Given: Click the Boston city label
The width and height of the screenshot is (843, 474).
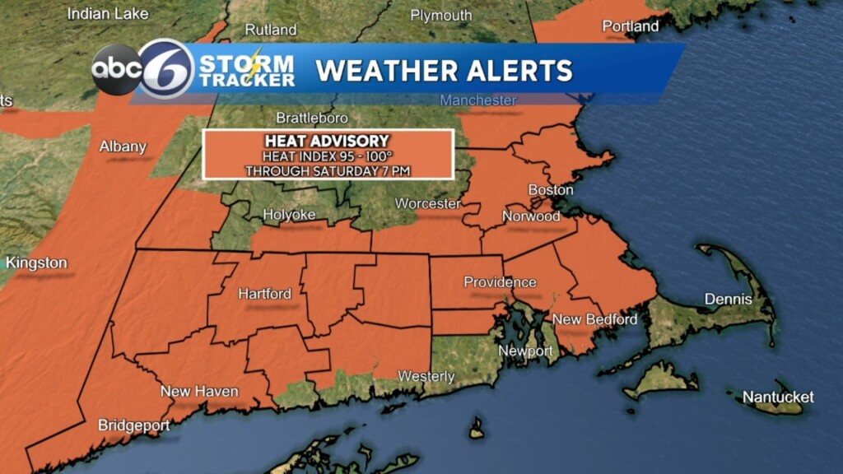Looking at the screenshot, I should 550,190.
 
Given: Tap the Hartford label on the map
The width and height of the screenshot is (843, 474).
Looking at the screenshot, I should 264,294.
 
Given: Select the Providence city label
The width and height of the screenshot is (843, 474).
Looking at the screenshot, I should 500,282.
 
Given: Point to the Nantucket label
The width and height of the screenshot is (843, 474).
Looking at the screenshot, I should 778,397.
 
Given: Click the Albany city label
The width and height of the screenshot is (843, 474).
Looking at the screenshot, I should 123,146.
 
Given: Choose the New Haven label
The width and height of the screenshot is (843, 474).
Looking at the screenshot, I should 199,391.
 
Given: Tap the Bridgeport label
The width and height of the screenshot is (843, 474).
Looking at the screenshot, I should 133,425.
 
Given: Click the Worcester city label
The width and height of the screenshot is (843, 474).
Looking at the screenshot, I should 427,202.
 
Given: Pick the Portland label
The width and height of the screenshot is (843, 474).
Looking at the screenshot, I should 631,26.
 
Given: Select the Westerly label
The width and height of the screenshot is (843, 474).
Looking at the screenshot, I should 426,376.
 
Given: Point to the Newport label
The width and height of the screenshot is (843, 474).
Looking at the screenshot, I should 525,351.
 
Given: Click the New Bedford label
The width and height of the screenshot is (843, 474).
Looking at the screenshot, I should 594,319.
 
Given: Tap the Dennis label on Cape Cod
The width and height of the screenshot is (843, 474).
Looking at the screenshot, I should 728,299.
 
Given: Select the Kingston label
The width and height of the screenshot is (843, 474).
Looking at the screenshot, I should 36,263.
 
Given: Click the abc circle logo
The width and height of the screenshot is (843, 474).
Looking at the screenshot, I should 116,70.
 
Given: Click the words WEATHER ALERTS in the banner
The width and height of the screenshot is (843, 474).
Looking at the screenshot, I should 444,70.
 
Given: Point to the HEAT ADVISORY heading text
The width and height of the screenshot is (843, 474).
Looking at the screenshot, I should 327,142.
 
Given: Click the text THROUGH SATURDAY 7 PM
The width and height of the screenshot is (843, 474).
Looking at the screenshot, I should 328,170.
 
